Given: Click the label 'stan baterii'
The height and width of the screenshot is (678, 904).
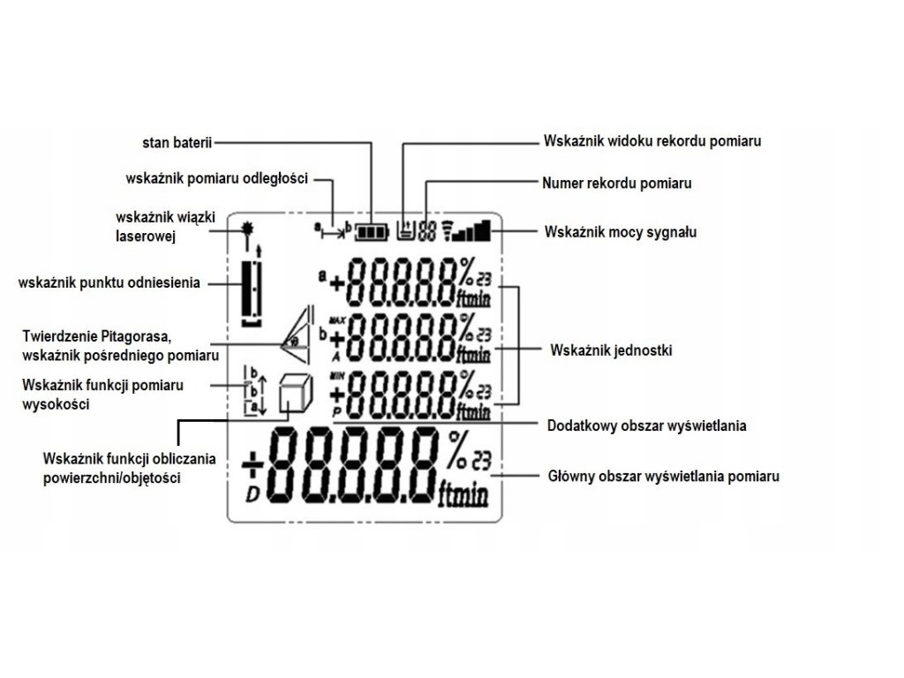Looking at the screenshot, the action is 177,140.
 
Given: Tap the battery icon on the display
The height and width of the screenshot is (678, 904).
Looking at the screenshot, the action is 372,232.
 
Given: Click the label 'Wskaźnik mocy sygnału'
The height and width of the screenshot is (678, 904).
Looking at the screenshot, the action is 621,232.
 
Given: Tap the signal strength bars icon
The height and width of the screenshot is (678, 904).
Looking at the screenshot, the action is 469,231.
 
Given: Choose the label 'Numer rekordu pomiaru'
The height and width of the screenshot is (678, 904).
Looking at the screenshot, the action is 615,184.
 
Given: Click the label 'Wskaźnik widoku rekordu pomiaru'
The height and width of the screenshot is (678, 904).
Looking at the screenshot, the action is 651,140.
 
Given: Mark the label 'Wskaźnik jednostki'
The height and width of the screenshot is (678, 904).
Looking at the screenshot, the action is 610,350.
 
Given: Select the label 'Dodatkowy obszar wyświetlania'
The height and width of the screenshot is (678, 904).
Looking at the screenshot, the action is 646,426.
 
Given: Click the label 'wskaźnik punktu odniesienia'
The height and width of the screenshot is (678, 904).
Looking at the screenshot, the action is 109,282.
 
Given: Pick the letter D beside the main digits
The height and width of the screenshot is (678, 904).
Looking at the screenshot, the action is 252,493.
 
